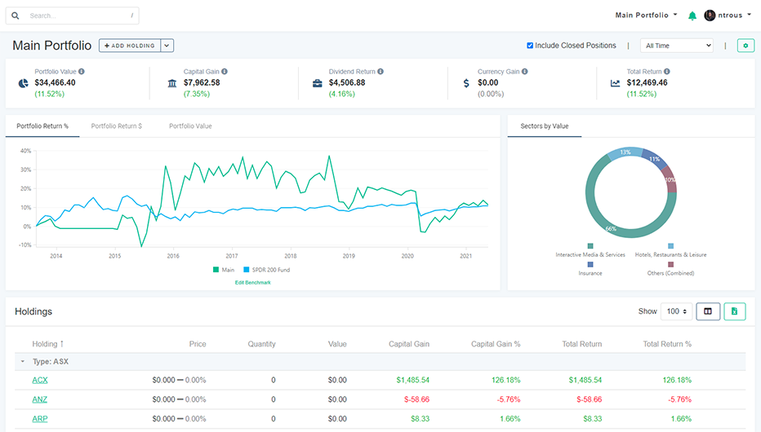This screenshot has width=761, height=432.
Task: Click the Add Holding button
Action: click(x=130, y=46)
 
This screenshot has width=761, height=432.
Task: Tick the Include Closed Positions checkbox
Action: click(x=530, y=46)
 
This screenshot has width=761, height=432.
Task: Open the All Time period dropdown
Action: click(x=676, y=46)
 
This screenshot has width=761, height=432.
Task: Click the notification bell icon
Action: click(x=692, y=15)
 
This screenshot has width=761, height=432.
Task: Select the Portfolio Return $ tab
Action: click(x=117, y=126)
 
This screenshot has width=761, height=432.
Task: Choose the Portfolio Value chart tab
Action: click(x=190, y=126)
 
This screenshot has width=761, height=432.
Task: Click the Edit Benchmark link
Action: click(x=252, y=282)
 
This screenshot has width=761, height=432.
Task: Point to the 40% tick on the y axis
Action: click(x=26, y=151)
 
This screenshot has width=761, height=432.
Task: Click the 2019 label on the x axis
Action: click(x=349, y=256)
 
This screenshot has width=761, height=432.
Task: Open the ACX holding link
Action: click(x=40, y=380)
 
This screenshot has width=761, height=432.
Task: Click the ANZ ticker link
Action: click(x=40, y=399)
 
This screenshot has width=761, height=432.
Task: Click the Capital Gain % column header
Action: click(x=496, y=344)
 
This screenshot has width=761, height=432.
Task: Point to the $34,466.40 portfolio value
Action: click(x=55, y=82)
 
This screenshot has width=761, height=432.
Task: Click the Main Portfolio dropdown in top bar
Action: click(x=646, y=15)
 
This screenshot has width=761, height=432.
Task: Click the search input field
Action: click(x=78, y=15)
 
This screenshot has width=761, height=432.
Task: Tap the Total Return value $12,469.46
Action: click(x=647, y=82)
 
